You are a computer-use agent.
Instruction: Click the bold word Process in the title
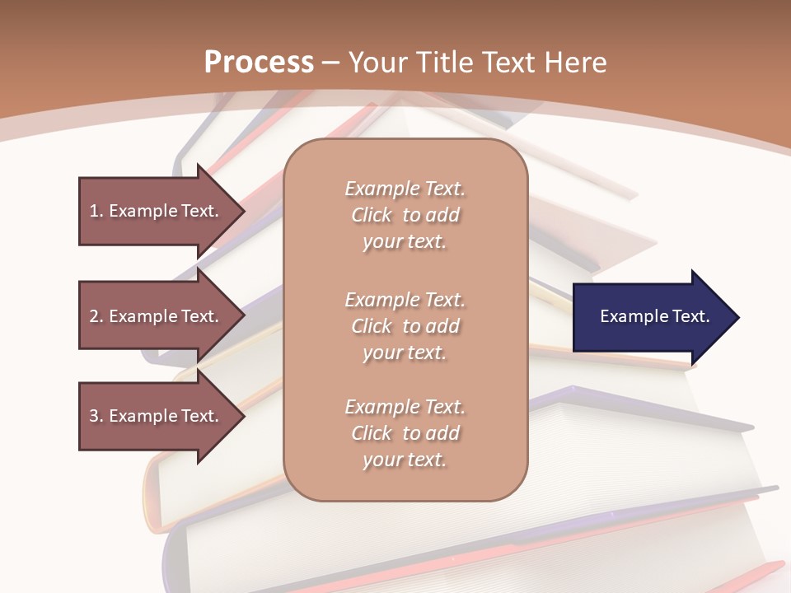(259, 63)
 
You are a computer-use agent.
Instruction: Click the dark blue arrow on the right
(651, 317)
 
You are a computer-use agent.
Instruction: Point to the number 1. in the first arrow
(96, 211)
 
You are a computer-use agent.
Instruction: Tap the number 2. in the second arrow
(96, 316)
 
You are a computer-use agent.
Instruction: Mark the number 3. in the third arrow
(96, 416)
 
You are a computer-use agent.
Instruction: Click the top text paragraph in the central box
(405, 215)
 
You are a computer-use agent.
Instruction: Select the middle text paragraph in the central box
(405, 326)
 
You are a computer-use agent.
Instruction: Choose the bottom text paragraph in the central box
(405, 433)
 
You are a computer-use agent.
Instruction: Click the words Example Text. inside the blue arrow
(654, 316)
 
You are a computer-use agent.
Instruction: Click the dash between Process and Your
(331, 63)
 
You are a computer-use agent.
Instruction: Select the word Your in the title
(378, 63)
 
